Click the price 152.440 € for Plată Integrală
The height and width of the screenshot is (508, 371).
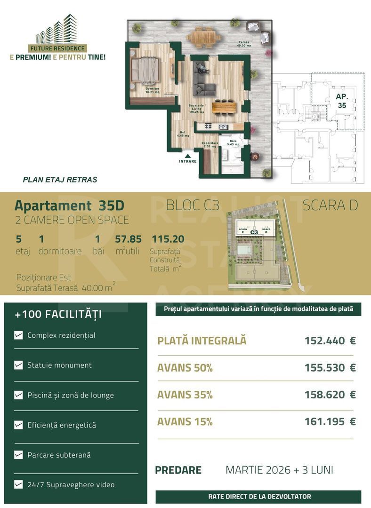(x=330, y=341)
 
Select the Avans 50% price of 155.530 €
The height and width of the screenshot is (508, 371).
(x=330, y=368)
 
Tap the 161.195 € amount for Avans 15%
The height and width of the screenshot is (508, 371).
(x=330, y=422)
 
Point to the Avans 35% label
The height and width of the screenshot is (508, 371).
(x=185, y=395)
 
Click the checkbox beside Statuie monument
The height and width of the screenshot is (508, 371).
(x=18, y=365)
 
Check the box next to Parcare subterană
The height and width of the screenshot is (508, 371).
(x=18, y=455)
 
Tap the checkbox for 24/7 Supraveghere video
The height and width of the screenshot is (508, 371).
(x=18, y=484)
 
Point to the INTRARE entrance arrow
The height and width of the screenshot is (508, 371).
(x=187, y=156)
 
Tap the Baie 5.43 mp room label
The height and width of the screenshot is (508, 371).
(x=234, y=143)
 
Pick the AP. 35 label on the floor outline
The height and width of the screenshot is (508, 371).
(x=341, y=101)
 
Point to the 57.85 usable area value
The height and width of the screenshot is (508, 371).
(x=129, y=239)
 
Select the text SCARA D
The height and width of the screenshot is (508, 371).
(x=330, y=206)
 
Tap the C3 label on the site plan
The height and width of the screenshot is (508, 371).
(x=254, y=232)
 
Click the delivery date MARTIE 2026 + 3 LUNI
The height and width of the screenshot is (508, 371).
(x=279, y=470)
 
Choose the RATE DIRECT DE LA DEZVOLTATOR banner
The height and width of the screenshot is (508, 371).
(x=259, y=496)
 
